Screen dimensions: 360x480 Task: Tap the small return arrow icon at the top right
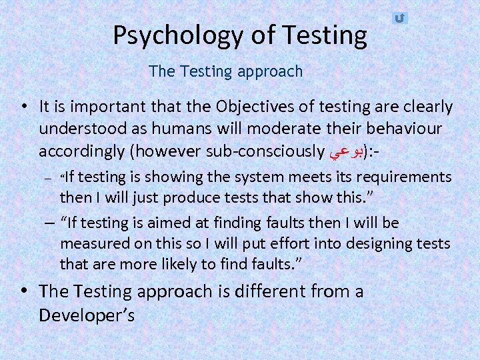point(399,19)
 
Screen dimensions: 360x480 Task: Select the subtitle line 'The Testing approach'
point(226,71)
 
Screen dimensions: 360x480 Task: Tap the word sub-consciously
point(265,151)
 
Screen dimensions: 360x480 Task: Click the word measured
point(90,243)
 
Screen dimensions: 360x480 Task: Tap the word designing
point(374,243)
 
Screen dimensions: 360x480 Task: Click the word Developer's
point(87,315)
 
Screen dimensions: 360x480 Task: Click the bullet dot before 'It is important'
point(23,107)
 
